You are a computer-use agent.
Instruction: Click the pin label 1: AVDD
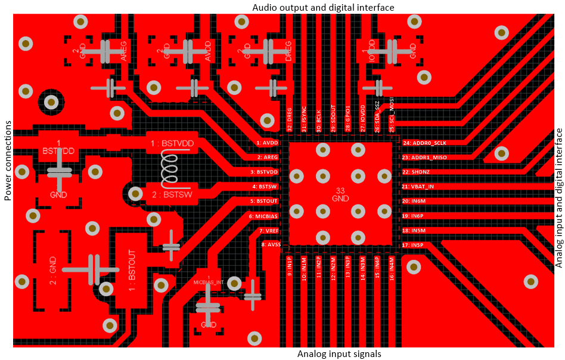coord(268,143)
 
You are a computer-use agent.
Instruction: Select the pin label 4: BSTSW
coord(266,187)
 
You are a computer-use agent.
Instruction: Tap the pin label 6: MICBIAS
coord(264,216)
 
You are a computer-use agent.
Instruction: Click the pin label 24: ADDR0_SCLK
coord(424,143)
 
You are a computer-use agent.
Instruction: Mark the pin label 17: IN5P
coord(413,245)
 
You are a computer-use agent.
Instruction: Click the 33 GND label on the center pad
coord(340,195)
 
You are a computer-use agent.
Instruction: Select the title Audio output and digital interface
coord(324,7)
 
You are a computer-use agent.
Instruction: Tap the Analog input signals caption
coord(339,354)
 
